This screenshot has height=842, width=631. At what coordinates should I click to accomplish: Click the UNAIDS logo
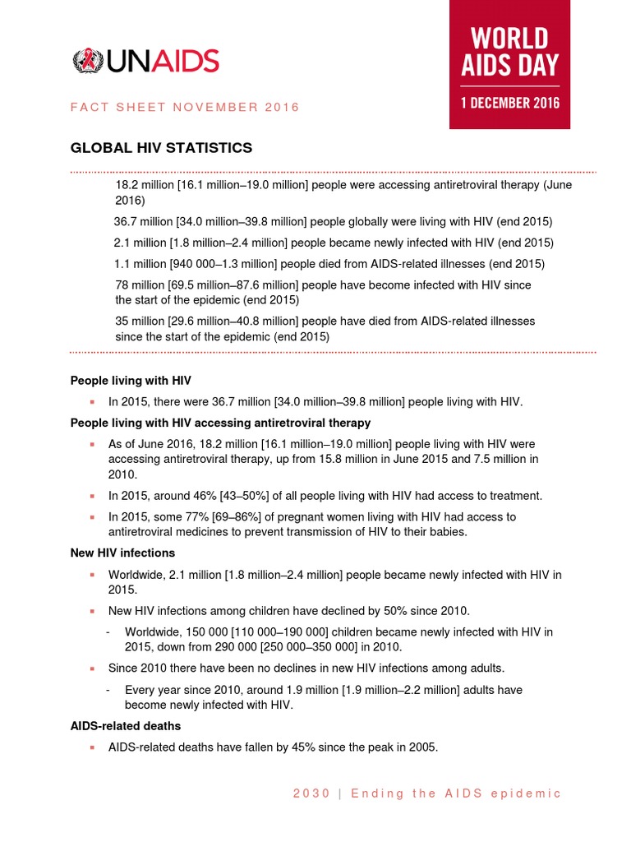tap(145, 61)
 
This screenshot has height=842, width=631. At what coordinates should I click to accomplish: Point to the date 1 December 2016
tap(509, 103)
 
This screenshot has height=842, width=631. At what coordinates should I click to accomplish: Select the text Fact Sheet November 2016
tap(185, 107)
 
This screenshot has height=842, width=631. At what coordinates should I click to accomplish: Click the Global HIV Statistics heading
tap(161, 148)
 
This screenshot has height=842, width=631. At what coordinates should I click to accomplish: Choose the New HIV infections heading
tap(122, 553)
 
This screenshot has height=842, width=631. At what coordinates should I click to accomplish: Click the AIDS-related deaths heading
tap(126, 727)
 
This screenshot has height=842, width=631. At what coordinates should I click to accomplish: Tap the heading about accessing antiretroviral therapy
tap(220, 423)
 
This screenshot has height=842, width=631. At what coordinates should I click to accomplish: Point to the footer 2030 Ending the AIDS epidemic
tap(427, 793)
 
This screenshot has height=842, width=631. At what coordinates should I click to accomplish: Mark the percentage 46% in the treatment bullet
tap(194, 496)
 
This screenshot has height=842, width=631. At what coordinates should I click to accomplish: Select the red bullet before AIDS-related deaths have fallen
tap(94, 748)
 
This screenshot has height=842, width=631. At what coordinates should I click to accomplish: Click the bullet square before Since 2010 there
tap(94, 669)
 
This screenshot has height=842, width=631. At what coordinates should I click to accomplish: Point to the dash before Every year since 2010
tap(109, 690)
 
